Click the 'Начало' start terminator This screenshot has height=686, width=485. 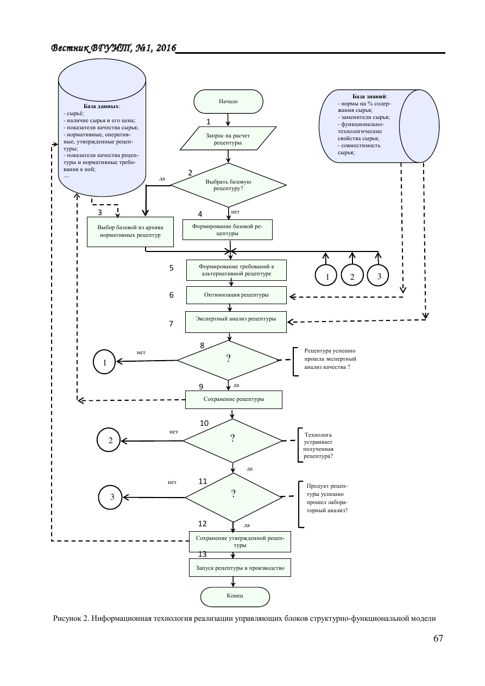click(x=228, y=102)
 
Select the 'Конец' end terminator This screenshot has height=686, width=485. click(x=235, y=596)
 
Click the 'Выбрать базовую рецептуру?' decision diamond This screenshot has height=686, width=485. click(x=228, y=185)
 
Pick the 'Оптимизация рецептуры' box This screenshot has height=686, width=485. click(x=236, y=295)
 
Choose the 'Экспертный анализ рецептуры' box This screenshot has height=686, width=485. click(x=235, y=319)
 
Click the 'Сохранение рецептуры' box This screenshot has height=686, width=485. click(x=234, y=399)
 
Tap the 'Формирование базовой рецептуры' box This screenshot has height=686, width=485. click(x=228, y=230)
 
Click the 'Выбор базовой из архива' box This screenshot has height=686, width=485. click(x=130, y=231)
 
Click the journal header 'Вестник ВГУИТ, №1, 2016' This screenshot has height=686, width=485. click(x=114, y=49)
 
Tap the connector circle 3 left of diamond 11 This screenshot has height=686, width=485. click(x=112, y=496)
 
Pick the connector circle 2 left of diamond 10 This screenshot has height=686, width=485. click(x=110, y=440)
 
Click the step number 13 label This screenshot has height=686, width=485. click(x=203, y=555)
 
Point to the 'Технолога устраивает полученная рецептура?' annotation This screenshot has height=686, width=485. click(x=318, y=446)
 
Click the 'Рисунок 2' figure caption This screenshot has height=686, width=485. click(x=244, y=619)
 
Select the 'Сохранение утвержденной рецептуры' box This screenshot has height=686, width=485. click(x=240, y=541)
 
